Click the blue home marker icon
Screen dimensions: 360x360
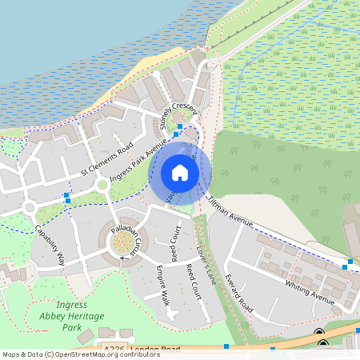(180, 173)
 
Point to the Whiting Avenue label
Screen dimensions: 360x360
(310, 291)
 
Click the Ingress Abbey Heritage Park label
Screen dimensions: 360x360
(72, 316)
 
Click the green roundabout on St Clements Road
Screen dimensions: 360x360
(102, 186)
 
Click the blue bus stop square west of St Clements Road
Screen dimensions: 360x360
(66, 195)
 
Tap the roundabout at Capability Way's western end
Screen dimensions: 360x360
(30, 208)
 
